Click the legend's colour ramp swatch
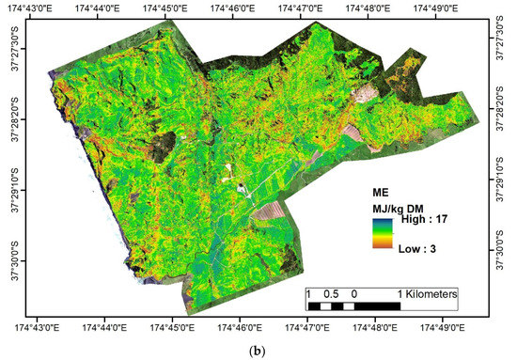tap(379, 235)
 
